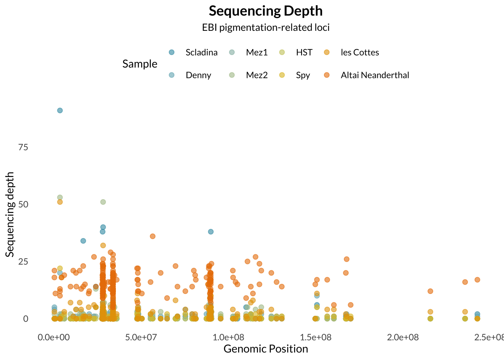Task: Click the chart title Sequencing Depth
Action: pyautogui.click(x=265, y=11)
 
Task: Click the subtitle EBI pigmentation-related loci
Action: pyautogui.click(x=265, y=27)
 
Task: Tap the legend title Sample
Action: pyautogui.click(x=140, y=64)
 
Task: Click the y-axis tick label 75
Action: pyautogui.click(x=23, y=147)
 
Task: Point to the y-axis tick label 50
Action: pyautogui.click(x=23, y=204)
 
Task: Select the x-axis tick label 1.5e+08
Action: pyautogui.click(x=316, y=337)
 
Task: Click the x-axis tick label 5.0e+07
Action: pyautogui.click(x=141, y=337)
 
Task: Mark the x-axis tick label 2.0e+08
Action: pyautogui.click(x=403, y=337)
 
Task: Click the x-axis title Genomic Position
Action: pyautogui.click(x=265, y=349)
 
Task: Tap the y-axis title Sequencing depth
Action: pyautogui.click(x=10, y=214)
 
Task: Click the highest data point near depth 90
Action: pyautogui.click(x=60, y=110)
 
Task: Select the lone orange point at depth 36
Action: pyautogui.click(x=153, y=236)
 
